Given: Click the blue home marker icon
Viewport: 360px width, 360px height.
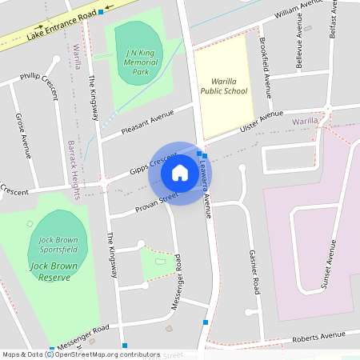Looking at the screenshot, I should [x=180, y=173].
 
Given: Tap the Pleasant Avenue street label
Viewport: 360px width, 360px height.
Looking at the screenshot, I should [x=147, y=122].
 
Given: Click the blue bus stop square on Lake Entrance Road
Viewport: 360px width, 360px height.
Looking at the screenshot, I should [x=101, y=12].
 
